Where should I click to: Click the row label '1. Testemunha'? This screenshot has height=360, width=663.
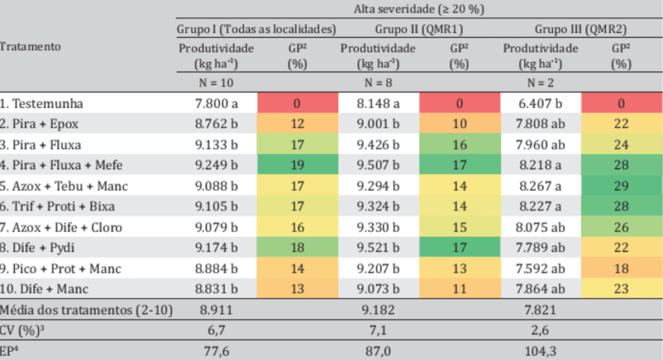[x=43, y=103]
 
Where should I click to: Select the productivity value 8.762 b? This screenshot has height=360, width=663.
[x=216, y=124]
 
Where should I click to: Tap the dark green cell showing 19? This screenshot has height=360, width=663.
[x=297, y=165]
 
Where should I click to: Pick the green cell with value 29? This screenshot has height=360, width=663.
[x=621, y=186]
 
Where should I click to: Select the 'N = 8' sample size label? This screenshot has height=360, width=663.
[x=378, y=83]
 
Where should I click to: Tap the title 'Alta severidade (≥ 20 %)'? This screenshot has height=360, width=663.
[x=419, y=9]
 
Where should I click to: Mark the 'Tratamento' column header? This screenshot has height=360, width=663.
[x=30, y=47]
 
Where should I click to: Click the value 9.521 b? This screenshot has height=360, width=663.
[x=378, y=248]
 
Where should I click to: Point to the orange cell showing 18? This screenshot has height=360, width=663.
[x=621, y=269]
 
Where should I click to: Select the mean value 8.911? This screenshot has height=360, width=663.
[x=216, y=310]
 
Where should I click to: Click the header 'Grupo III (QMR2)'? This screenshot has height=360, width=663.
[x=580, y=29]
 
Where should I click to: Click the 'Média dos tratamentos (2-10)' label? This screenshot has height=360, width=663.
[x=86, y=310]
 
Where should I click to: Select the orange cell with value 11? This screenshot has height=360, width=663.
[x=459, y=289]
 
